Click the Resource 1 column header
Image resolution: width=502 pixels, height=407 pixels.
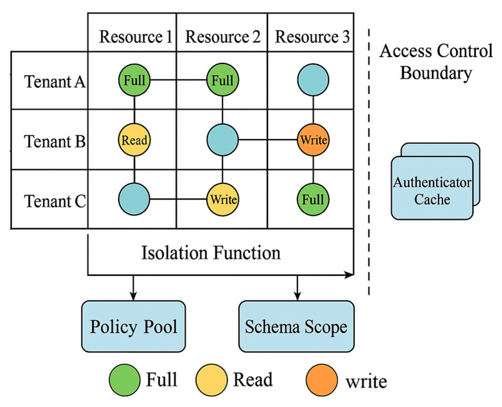(x=135, y=37)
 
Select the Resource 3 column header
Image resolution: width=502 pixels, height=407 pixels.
(x=312, y=37)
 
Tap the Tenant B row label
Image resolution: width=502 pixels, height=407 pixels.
(x=55, y=141)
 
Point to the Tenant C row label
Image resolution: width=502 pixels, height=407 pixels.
(x=55, y=201)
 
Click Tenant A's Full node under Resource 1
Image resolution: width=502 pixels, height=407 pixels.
(x=134, y=80)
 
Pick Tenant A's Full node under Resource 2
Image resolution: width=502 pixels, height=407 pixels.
(x=222, y=80)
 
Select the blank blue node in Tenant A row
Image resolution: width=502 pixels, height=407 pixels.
(x=313, y=80)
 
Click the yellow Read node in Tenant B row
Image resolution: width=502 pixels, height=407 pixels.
(x=134, y=140)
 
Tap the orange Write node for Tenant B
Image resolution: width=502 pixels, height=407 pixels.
(x=313, y=140)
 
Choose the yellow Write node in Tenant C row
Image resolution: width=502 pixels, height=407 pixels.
(x=222, y=199)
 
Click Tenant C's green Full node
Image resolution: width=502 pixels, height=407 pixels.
(x=313, y=199)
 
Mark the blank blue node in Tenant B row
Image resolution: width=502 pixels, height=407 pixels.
(x=222, y=140)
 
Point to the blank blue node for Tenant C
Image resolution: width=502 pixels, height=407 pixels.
(x=134, y=199)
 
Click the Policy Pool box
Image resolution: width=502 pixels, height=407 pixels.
(x=134, y=326)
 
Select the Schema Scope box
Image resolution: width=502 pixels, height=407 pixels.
(x=296, y=326)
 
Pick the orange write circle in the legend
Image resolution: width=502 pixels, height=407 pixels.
(x=322, y=380)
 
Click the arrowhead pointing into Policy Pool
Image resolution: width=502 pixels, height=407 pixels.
(x=133, y=296)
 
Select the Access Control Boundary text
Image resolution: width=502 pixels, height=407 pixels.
(x=436, y=62)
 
